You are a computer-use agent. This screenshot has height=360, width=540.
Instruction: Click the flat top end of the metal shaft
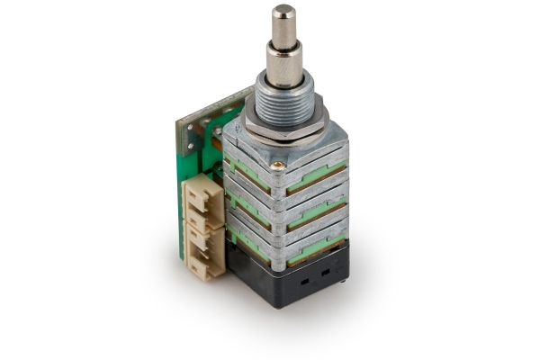[283, 11]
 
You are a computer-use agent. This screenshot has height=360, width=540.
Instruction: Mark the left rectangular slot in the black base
[301, 281]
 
